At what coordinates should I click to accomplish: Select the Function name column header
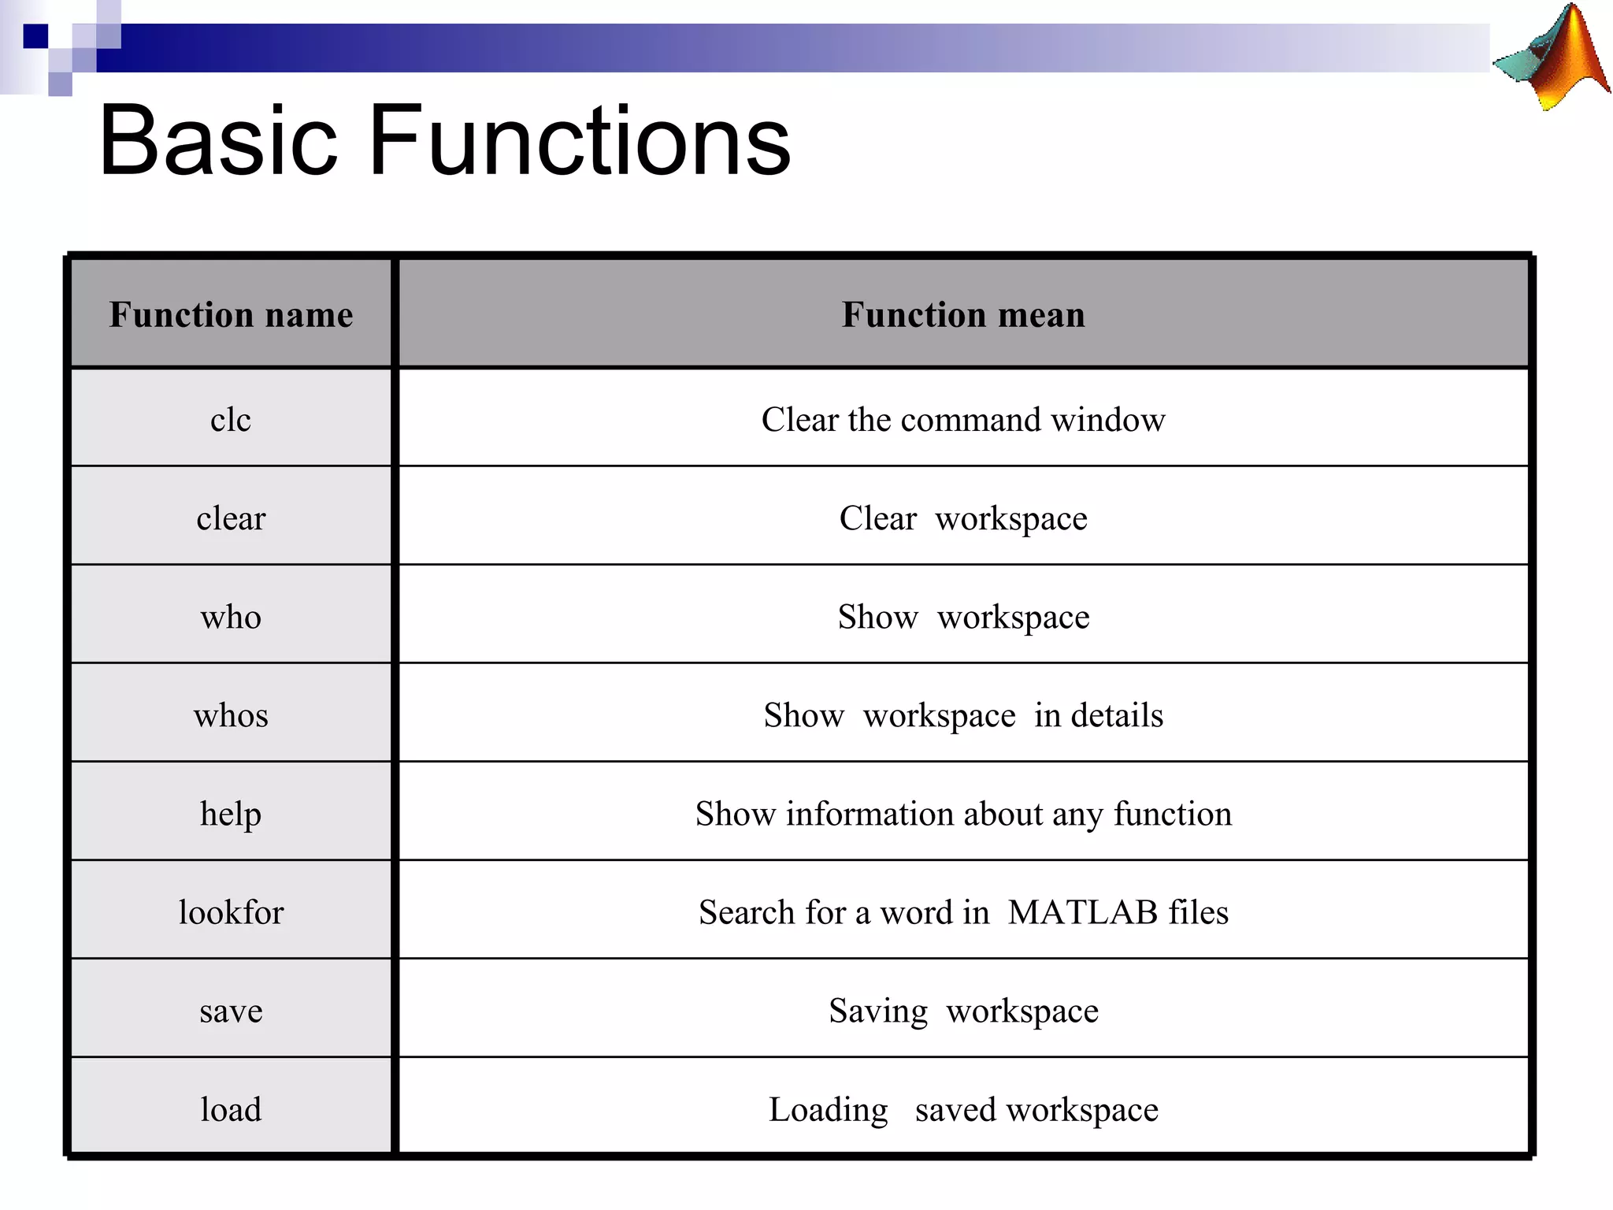(231, 314)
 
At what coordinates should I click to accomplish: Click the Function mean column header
(963, 314)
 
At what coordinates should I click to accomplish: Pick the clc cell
(231, 419)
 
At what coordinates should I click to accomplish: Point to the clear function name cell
(231, 518)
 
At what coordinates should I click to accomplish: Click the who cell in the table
(231, 617)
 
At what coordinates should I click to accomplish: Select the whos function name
(231, 715)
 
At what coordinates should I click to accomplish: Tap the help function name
(231, 814)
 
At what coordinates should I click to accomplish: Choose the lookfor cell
(231, 912)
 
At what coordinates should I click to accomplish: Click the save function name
(231, 1011)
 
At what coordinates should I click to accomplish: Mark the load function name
(231, 1109)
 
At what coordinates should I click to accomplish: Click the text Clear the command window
(963, 419)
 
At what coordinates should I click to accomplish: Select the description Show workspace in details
(963, 715)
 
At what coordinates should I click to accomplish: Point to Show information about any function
(963, 814)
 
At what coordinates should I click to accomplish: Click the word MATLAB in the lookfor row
(1083, 912)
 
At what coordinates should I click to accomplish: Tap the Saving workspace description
(963, 1011)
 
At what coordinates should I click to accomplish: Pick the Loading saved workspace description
(963, 1109)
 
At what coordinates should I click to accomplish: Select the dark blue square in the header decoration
(35, 36)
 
